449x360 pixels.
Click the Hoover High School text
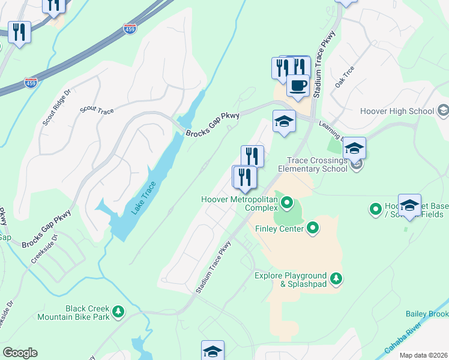(397, 111)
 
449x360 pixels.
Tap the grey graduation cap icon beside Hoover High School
(443, 110)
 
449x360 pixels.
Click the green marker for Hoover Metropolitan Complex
(286, 203)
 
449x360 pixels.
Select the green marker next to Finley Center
(312, 227)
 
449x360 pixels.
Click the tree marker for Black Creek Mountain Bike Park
(119, 311)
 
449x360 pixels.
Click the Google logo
(20, 352)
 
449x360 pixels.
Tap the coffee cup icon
(298, 85)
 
